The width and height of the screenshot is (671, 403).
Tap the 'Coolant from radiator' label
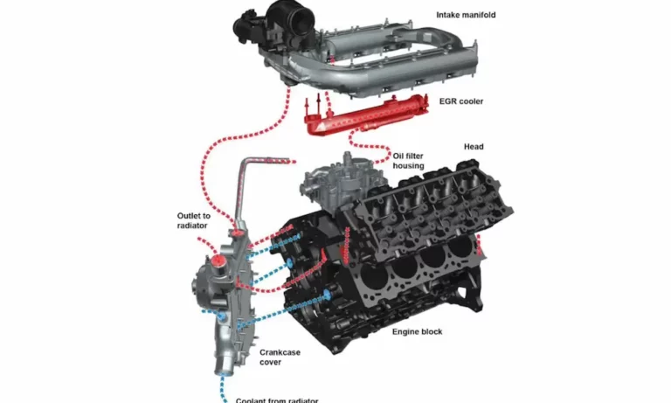click(277, 400)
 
